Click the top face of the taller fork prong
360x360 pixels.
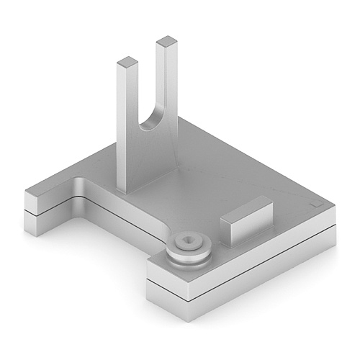coord(166,41)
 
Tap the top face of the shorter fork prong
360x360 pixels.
coord(127,62)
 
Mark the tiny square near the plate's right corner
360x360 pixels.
coord(315,204)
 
